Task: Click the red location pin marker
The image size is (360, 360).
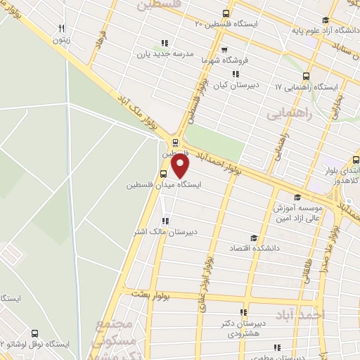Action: (181, 165)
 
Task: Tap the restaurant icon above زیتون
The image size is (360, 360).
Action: (63, 28)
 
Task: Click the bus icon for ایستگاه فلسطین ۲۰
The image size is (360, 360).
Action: (226, 13)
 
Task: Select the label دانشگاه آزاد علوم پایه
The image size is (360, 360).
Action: (330, 31)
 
